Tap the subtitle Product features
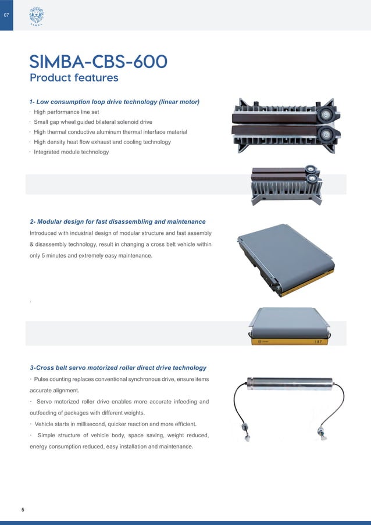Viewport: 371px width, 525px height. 74,77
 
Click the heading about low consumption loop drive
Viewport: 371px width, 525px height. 115,102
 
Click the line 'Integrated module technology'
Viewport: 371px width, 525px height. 71,152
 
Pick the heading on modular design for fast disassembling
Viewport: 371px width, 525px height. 117,222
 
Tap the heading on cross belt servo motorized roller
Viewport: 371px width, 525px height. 118,367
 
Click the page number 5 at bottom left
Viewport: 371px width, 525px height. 23,510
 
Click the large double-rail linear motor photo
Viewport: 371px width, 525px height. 284,124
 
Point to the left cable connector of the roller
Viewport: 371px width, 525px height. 246,433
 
